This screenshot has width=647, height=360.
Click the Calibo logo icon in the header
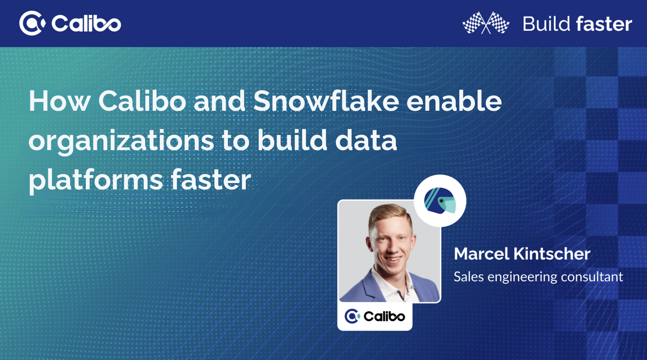(32, 23)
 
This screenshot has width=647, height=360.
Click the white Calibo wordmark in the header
(86, 23)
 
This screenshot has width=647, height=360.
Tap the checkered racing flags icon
(486, 23)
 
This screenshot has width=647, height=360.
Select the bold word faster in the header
(604, 24)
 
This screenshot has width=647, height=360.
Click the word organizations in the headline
(121, 141)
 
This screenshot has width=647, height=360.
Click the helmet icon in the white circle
(440, 201)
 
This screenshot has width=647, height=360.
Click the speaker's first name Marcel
(481, 254)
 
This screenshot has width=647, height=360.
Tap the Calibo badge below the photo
(375, 317)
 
